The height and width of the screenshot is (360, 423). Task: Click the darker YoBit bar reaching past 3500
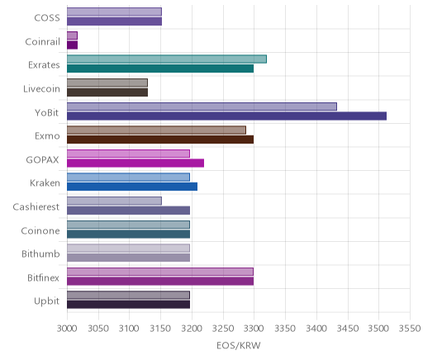(226, 116)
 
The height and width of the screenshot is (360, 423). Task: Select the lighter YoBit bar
(202, 107)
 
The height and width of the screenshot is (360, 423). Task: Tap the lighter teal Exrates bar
(167, 59)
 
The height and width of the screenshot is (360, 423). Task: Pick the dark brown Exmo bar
(160, 140)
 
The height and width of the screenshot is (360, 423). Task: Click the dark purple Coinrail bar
(72, 45)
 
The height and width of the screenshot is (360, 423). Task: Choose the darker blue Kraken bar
(132, 187)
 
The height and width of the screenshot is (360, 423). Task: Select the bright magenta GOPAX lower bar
(135, 163)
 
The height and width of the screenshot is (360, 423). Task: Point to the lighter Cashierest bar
(114, 201)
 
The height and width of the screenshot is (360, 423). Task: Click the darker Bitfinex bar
(160, 282)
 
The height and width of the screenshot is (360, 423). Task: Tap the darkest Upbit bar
(128, 305)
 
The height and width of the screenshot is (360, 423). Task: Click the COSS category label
(47, 18)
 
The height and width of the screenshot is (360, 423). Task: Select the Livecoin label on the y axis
(41, 89)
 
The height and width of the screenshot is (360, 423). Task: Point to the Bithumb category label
(40, 253)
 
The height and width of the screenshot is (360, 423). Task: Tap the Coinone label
(40, 230)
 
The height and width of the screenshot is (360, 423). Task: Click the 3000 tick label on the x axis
(67, 329)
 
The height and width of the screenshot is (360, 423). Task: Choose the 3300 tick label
(254, 329)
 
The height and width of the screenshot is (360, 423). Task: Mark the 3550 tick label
(410, 329)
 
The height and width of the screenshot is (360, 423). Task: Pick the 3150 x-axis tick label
(160, 329)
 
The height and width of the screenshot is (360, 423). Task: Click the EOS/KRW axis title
(239, 346)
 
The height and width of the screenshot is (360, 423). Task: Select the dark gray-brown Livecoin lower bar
(107, 92)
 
